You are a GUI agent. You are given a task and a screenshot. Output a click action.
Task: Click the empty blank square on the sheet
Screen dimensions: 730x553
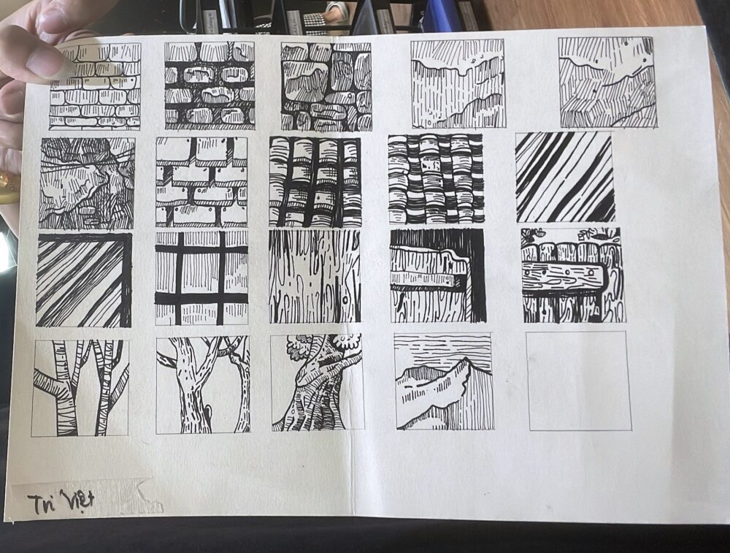click(580, 381)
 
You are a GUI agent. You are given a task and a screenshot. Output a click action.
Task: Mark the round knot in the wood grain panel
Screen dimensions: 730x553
click(345, 300)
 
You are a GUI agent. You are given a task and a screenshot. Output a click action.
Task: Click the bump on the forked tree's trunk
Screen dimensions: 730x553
click(207, 408)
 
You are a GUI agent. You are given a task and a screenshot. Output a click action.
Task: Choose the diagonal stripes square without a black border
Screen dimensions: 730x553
click(564, 177)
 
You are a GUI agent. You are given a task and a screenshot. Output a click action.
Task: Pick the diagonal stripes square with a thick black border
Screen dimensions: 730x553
click(84, 280)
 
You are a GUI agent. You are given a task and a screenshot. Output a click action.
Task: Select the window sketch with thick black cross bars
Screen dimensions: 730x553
click(201, 278)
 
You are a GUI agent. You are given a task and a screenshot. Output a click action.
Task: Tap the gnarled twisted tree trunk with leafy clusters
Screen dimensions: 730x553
click(318, 382)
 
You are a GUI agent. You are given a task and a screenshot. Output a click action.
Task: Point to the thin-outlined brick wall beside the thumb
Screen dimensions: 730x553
click(95, 86)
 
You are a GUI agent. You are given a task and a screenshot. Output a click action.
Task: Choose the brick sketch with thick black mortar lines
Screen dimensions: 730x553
click(210, 85)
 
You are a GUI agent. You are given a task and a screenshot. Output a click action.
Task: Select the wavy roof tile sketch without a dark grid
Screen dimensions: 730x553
click(435, 179)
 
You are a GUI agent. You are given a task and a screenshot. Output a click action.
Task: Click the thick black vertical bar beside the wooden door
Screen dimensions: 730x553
click(476, 276)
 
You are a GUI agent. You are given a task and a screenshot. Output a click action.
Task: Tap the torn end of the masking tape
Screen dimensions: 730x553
click(148, 496)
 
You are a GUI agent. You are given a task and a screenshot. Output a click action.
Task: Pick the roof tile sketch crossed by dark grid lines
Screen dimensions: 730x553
click(315, 182)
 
